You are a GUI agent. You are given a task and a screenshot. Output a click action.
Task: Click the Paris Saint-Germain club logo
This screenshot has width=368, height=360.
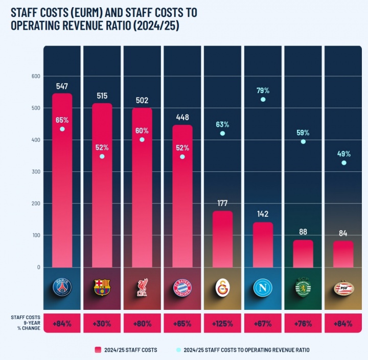click(62, 288)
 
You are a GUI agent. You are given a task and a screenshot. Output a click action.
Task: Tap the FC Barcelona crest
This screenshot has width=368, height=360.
click(102, 288)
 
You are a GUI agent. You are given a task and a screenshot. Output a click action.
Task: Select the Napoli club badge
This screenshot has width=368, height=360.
click(263, 288)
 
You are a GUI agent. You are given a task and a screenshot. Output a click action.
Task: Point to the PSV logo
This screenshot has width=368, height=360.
click(343, 288)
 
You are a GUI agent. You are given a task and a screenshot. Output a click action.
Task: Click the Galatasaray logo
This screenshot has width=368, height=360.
click(223, 288)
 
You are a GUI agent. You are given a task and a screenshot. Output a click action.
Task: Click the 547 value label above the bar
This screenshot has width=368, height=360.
click(62, 86)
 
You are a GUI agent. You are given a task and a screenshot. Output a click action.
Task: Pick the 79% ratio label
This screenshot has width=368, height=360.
click(263, 91)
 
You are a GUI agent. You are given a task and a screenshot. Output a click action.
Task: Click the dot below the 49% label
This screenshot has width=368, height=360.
click(343, 163)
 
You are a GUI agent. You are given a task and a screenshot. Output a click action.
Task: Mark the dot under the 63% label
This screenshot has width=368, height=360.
click(222, 133)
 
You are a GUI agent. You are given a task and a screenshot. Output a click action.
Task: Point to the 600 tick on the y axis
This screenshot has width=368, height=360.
click(36, 76)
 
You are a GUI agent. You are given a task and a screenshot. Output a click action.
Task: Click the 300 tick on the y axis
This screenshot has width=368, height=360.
click(36, 172)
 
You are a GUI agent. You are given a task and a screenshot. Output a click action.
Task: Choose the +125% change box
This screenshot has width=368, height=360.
click(223, 324)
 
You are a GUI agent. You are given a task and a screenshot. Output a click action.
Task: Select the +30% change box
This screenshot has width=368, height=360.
click(102, 324)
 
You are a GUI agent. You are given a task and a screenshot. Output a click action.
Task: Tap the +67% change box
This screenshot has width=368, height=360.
click(263, 324)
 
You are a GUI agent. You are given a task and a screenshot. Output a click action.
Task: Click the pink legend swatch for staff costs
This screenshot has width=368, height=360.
click(98, 350)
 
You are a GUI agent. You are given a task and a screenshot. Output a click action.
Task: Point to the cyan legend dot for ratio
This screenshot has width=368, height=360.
click(178, 350)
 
